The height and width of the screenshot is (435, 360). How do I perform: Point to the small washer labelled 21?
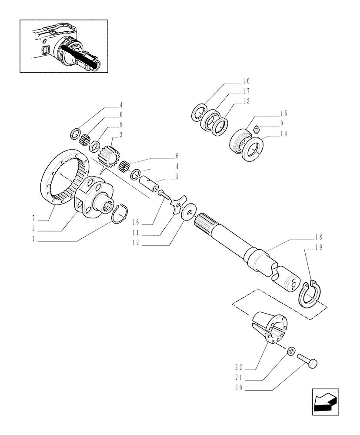[292, 350]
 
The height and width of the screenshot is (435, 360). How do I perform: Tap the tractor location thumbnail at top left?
[64, 45]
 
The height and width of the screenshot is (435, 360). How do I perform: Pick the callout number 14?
[283, 134]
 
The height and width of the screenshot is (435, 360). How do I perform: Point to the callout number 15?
[283, 114]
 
